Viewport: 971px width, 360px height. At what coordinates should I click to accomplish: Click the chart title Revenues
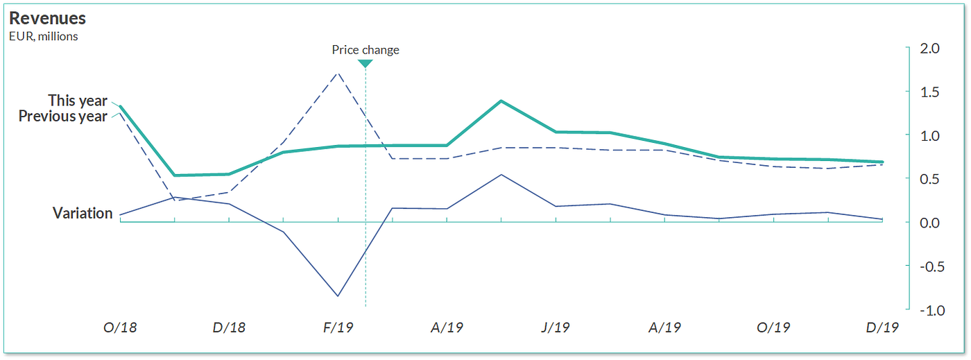coord(47,19)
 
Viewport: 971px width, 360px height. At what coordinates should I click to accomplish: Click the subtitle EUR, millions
coord(43,36)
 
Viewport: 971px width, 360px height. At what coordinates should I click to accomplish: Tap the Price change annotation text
coord(366,50)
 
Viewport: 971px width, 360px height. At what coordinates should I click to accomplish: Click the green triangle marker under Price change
coord(366,64)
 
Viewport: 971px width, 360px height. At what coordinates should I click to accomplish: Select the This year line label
coord(78,101)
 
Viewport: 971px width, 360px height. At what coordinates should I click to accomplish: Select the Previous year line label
coord(62,117)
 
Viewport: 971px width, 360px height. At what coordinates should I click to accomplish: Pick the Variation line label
coord(83,214)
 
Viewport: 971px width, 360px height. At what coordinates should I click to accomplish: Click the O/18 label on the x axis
coord(120,327)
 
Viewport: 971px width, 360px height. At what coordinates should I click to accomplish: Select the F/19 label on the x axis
coord(338,327)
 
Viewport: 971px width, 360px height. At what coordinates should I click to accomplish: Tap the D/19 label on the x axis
coord(882,327)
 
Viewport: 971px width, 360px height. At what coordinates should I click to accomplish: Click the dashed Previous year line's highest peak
coord(338,72)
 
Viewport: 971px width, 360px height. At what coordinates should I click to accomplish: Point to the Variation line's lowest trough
coord(338,296)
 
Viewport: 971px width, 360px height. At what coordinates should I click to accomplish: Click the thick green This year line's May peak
coord(501,101)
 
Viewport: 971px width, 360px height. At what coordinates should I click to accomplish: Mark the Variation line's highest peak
coord(501,175)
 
